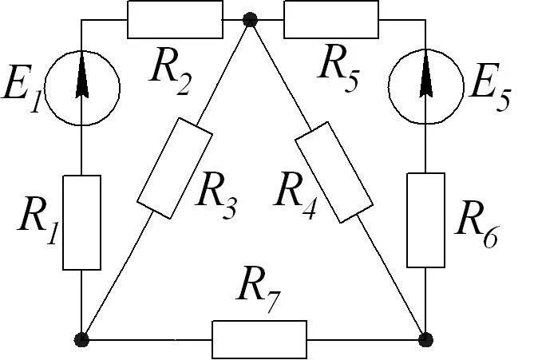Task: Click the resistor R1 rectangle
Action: click(82, 221)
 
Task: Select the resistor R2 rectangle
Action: click(175, 19)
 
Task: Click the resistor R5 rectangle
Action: click(330, 19)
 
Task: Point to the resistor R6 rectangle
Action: click(426, 219)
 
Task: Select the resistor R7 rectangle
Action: click(259, 339)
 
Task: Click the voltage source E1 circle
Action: click(82, 89)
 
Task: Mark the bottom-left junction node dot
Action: click(81, 339)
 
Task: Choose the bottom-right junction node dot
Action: click(426, 339)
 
